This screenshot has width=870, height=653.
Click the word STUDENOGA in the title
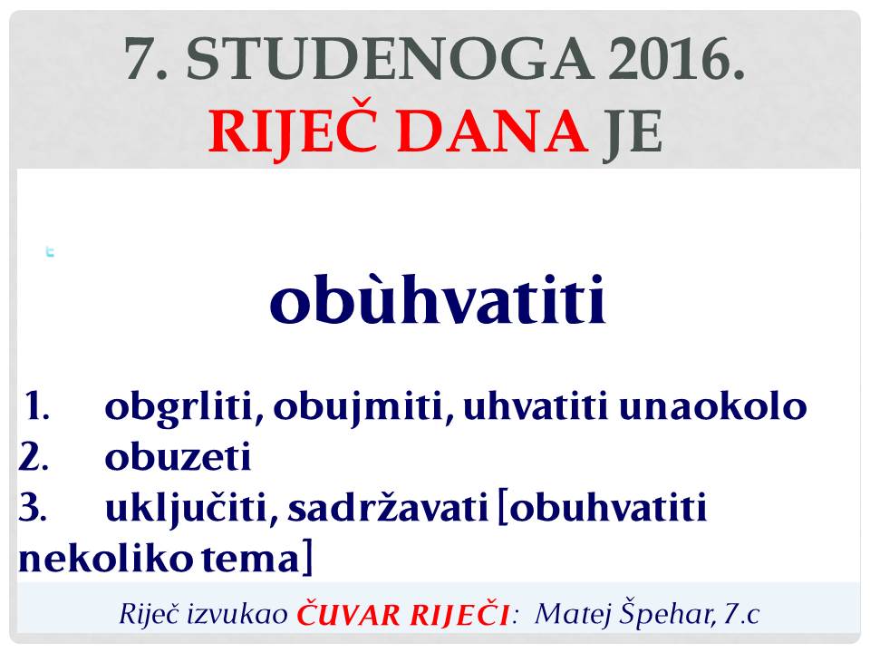390,59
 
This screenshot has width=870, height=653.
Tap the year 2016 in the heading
676,59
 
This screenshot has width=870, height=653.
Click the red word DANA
493,131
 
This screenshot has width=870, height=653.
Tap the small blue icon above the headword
50,252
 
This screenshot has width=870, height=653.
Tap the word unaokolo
712,406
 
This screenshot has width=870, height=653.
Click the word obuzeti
179,457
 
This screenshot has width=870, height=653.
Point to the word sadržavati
387,508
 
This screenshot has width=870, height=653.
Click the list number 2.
34,456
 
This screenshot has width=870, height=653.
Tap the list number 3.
33,507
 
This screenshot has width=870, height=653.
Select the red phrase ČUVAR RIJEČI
402,613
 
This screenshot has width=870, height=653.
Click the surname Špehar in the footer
667,613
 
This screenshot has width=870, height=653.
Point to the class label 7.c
741,614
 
